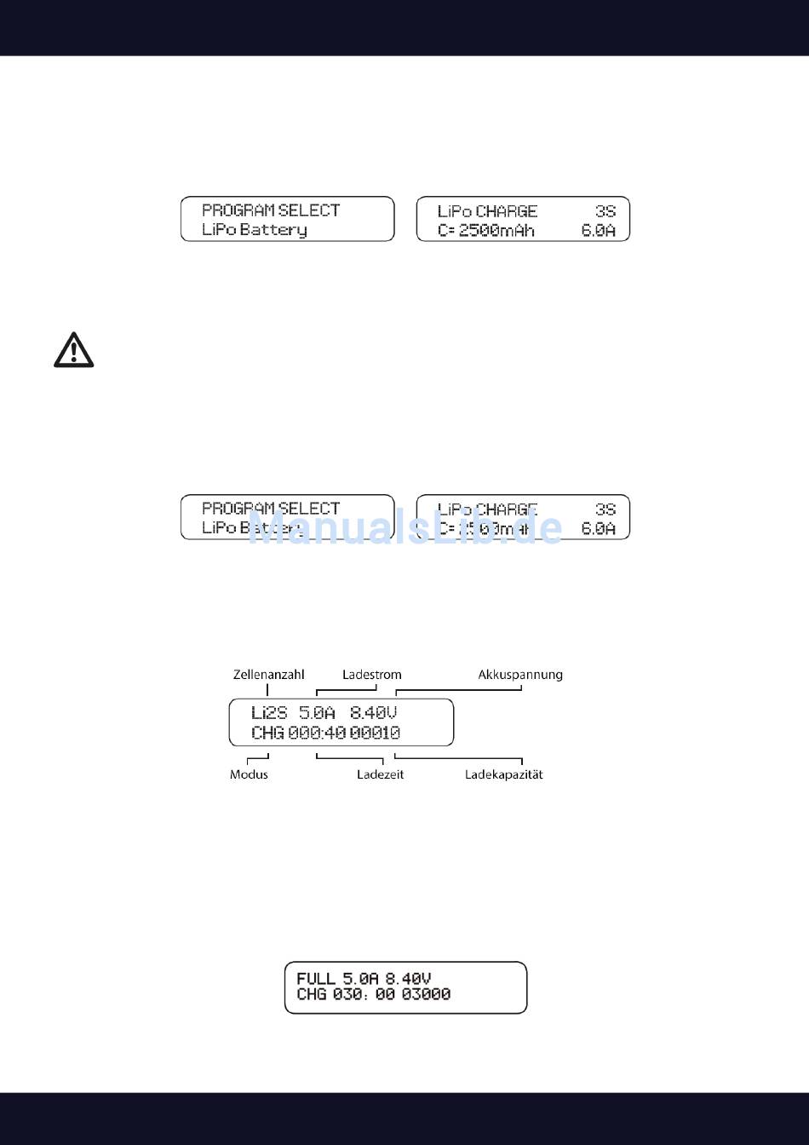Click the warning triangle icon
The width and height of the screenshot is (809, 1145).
pyautogui.click(x=74, y=350)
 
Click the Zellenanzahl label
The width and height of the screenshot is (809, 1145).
pyautogui.click(x=268, y=675)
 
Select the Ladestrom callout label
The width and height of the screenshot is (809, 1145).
pyautogui.click(x=372, y=675)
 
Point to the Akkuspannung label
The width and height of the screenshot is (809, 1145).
pyautogui.click(x=520, y=675)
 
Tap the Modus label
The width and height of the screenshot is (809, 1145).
pyautogui.click(x=249, y=774)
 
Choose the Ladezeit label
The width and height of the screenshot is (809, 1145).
pyautogui.click(x=380, y=774)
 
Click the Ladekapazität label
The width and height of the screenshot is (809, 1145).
pyautogui.click(x=503, y=774)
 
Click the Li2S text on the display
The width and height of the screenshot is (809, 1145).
pyautogui.click(x=269, y=712)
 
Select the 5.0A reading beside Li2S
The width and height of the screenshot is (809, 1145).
pyautogui.click(x=317, y=712)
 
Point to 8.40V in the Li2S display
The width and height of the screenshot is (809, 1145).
pyautogui.click(x=374, y=712)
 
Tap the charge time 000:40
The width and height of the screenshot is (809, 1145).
pyautogui.click(x=316, y=733)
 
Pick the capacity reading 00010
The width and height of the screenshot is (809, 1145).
pyautogui.click(x=375, y=733)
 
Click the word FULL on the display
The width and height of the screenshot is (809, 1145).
pyautogui.click(x=316, y=979)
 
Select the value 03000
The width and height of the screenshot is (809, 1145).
pyautogui.click(x=426, y=994)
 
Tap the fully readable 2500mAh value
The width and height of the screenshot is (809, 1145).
pyautogui.click(x=496, y=230)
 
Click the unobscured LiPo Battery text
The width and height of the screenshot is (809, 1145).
pyautogui.click(x=254, y=230)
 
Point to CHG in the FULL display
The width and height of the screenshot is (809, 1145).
pyautogui.click(x=312, y=994)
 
